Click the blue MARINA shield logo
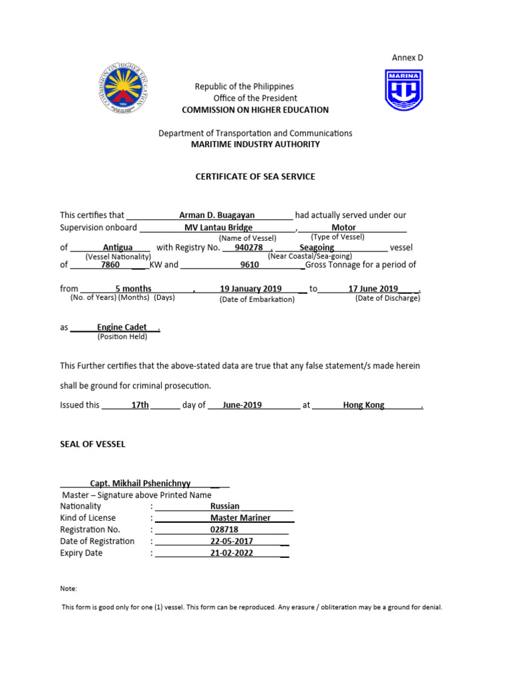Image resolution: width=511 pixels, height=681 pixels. click(403, 90)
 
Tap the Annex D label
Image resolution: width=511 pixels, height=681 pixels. click(407, 58)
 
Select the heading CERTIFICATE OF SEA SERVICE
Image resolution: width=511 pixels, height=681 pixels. click(255, 177)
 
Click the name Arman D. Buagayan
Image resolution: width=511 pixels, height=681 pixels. click(217, 215)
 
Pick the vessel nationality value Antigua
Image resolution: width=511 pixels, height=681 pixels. click(118, 247)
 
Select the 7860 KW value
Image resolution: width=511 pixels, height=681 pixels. click(110, 265)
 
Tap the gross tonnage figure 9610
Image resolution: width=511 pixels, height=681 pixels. click(250, 265)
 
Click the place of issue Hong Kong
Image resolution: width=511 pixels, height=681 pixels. click(363, 404)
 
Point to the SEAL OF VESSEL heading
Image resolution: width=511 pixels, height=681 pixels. click(92, 444)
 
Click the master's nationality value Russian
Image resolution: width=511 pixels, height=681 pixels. click(225, 506)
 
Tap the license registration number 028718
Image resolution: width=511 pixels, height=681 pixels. click(224, 529)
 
